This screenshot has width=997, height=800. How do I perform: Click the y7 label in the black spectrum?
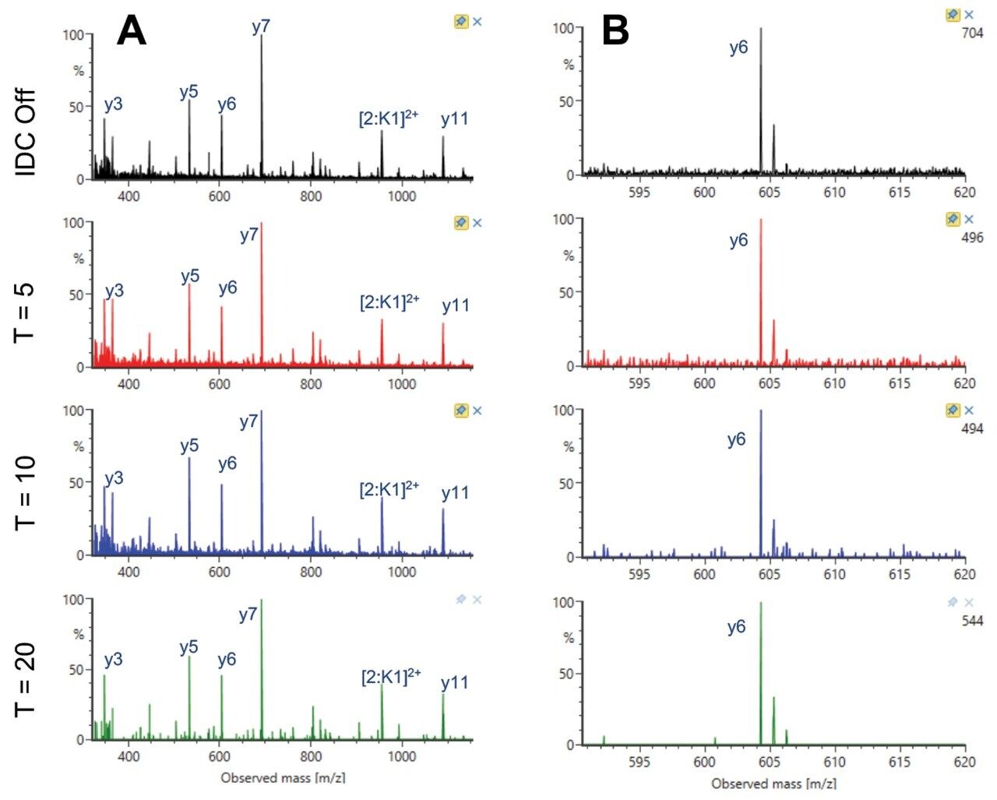(x=261, y=26)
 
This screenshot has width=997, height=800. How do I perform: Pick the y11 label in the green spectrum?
(x=454, y=682)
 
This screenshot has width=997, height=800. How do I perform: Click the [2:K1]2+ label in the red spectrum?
(x=389, y=302)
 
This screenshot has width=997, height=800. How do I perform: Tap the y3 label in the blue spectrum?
(x=114, y=478)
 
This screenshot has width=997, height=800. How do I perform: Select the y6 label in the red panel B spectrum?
(x=738, y=240)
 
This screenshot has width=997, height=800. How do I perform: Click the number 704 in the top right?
(x=972, y=33)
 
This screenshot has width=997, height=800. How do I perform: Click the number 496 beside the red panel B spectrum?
(x=972, y=238)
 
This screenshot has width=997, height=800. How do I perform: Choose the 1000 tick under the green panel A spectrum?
(x=402, y=756)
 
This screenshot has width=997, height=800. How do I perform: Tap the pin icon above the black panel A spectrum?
(x=461, y=22)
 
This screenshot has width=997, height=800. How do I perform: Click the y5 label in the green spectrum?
(x=188, y=647)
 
